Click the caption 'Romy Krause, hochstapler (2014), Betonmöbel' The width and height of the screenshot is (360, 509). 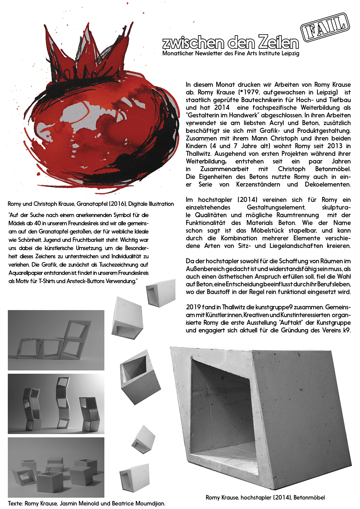point(265,498)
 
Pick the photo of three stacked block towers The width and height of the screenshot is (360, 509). point(56,404)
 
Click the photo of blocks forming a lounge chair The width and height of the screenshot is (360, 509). point(56,340)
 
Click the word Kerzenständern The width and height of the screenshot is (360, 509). point(258,184)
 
